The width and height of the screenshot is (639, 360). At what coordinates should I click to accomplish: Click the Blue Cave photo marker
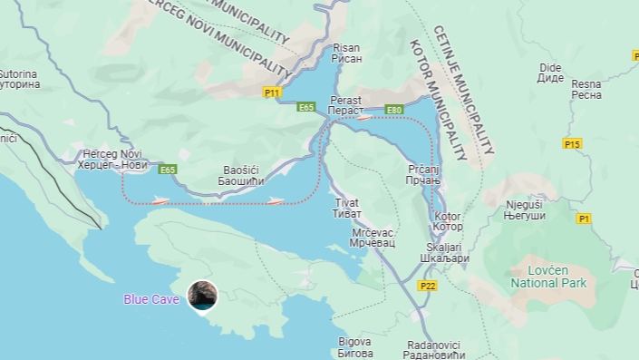point(201,296)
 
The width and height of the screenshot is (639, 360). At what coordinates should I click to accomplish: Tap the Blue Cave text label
point(151,299)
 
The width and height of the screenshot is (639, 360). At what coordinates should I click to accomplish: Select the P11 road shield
point(273,92)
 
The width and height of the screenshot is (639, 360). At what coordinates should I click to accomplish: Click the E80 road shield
point(393,111)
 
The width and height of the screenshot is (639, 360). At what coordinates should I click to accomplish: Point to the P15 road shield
point(571,144)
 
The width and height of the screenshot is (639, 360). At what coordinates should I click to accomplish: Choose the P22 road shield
point(428,285)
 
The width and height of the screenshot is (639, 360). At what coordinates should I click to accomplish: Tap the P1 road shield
point(584,219)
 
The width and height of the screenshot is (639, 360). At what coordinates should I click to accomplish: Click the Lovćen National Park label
point(548,277)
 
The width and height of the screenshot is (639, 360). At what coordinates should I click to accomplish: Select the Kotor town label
point(448,221)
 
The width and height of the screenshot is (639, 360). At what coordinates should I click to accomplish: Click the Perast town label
point(345,105)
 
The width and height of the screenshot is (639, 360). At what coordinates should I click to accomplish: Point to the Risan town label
point(347,54)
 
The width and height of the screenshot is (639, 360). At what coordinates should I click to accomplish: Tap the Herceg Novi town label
point(112,160)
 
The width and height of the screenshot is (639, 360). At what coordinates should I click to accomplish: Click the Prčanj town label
point(423,176)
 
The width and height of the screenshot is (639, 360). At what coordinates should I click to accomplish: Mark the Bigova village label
point(353,345)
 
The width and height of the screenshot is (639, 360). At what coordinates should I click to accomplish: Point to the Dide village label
point(550,73)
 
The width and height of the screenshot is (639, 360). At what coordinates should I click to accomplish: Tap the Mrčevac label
point(372,238)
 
